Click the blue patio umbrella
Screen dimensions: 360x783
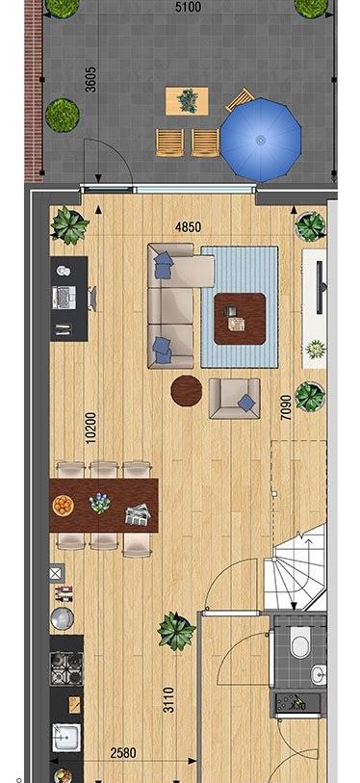coord(261,141)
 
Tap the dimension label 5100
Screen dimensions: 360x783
coord(189,7)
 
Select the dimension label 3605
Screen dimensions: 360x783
coord(90,79)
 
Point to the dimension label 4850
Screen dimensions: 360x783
coord(189,227)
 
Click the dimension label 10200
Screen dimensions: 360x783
coord(90,428)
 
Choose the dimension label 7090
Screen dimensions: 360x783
coord(286,407)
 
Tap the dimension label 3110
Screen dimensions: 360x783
coord(169,699)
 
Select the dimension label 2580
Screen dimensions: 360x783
coord(122,752)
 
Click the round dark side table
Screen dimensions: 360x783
coord(186,390)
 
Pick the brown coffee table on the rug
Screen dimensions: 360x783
coord(240,319)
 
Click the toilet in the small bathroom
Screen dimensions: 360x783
coord(300,642)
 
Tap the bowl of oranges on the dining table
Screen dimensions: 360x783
coord(63,505)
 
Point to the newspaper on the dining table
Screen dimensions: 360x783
coord(138,514)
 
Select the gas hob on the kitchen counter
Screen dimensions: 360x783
coord(66,668)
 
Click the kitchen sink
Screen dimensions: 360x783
coord(65,738)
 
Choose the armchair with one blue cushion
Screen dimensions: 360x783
coord(234,398)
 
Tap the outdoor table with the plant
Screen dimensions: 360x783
coord(187,101)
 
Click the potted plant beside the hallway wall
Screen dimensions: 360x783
coord(176,631)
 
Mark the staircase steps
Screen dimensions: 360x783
coord(296,565)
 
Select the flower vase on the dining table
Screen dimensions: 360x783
coord(100,503)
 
